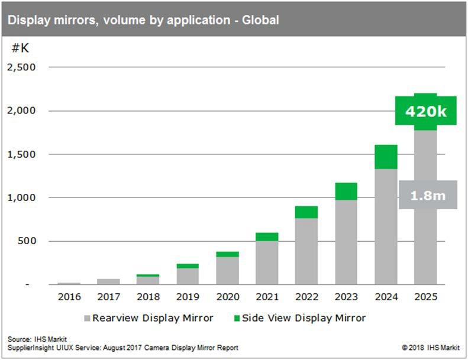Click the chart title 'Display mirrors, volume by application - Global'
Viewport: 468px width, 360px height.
coord(143,20)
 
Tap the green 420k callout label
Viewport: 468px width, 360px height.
coord(425,111)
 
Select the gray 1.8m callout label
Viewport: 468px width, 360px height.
coord(427,194)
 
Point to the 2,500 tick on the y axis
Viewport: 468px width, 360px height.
coord(21,67)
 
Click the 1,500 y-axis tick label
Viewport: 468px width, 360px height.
coord(21,154)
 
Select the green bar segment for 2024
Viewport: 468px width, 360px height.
coord(385,157)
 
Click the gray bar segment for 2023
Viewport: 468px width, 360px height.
coord(346,242)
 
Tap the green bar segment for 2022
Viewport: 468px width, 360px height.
coord(306,212)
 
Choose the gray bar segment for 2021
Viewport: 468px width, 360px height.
coord(266,262)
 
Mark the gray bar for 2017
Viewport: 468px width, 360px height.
coord(108,281)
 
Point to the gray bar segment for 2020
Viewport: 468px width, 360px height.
coord(227,270)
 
